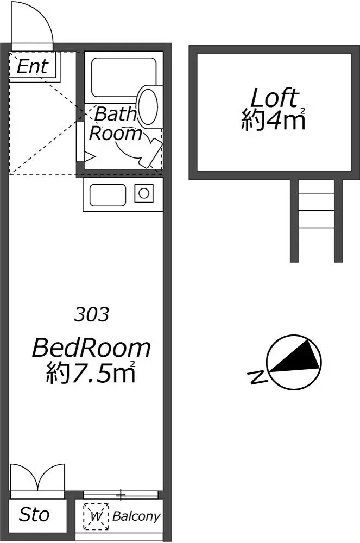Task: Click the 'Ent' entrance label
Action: coord(32,66)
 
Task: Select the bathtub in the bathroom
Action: coord(123,78)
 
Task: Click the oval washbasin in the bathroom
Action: coord(148,106)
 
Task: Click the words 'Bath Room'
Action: coord(115,124)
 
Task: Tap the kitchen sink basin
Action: coord(108,195)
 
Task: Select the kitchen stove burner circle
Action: coord(144,193)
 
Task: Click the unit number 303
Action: coord(92,314)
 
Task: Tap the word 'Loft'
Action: coord(275,98)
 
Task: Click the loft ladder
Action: coord(317,220)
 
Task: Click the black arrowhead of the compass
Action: coord(297,357)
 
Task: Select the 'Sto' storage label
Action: coord(34,514)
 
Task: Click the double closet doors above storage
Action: coord(37,478)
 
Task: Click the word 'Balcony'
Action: coord(136,516)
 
